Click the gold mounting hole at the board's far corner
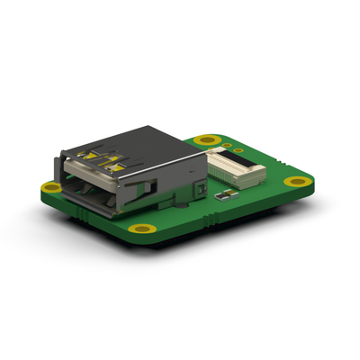[209, 140]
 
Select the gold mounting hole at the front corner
[142, 228]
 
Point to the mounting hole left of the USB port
[53, 186]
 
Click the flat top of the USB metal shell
[135, 144]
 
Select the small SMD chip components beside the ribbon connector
[223, 192]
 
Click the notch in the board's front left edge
[81, 216]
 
